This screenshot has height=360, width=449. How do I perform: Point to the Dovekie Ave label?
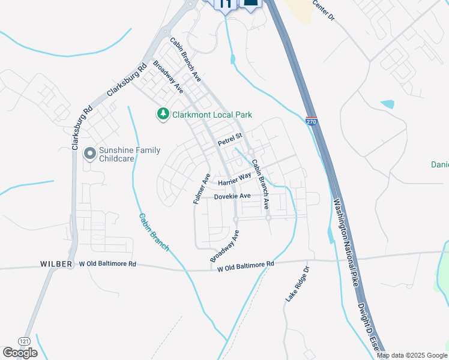click(232, 196)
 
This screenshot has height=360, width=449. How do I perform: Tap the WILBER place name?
click(56, 264)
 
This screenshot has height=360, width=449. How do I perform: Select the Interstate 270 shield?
click(311, 121)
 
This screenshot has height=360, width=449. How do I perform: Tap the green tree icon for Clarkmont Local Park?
click(162, 114)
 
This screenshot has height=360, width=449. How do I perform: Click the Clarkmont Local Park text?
click(212, 115)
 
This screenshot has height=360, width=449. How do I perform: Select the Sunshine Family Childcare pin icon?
click(90, 154)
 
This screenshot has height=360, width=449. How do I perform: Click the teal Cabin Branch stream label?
click(154, 232)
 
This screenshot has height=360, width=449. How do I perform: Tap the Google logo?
click(20, 353)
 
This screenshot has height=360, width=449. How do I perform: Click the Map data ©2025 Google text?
click(412, 355)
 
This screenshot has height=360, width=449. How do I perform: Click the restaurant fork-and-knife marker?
click(226, 3)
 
